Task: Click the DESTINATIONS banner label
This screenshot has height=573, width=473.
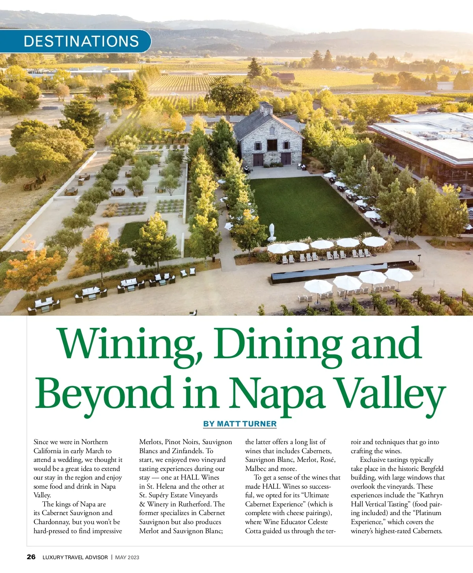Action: (x=81, y=41)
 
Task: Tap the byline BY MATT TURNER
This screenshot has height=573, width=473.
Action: (x=240, y=424)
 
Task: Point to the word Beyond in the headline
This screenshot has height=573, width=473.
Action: (x=104, y=393)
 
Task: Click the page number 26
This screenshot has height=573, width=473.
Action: (x=31, y=557)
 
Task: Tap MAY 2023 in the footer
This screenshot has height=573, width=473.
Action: (x=127, y=557)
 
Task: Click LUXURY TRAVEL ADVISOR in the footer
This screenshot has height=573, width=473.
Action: (x=75, y=557)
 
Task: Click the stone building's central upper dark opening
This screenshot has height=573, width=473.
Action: (x=272, y=145)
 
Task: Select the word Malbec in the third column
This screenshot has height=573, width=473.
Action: (x=255, y=469)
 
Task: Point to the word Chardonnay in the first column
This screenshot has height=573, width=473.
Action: (x=52, y=522)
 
